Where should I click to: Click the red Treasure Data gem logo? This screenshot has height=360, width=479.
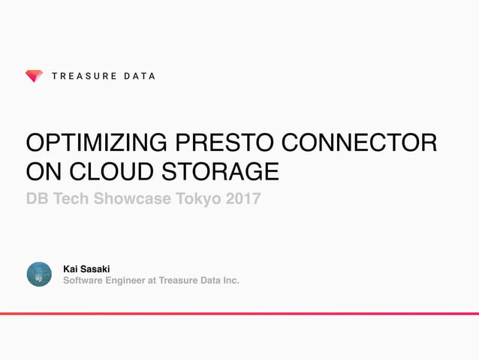point(34,76)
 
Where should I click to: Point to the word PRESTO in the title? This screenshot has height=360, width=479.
point(227,143)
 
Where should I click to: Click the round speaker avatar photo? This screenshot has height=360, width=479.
point(39,274)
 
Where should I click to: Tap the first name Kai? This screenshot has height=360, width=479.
point(71,268)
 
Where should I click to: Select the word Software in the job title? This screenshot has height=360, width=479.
point(83,281)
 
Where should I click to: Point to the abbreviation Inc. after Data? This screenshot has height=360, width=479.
point(230,281)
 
